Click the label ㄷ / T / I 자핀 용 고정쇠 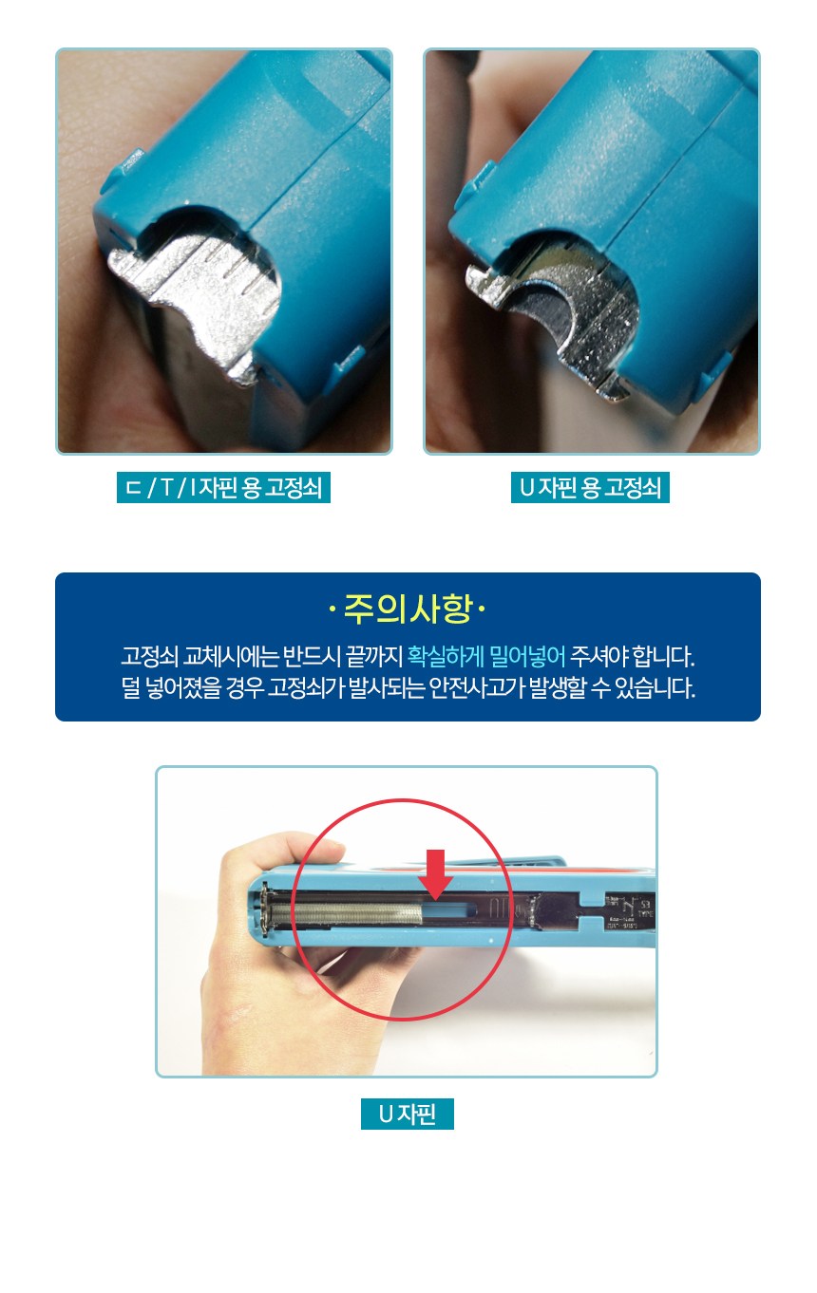(x=223, y=488)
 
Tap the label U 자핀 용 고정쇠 (x=590, y=488)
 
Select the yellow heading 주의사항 (x=408, y=609)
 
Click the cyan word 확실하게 (x=446, y=656)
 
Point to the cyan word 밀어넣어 (x=527, y=656)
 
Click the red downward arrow (x=436, y=874)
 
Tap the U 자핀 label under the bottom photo (x=408, y=1115)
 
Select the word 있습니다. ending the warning (x=655, y=687)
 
